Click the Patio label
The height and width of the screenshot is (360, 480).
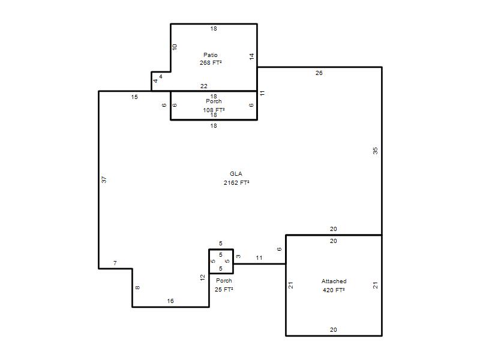211,55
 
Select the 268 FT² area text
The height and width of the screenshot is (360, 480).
211,63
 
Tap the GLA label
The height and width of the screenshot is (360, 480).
236,174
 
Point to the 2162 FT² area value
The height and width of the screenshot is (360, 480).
236,183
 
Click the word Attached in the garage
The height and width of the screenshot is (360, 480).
334,281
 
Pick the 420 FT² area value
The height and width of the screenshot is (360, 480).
334,290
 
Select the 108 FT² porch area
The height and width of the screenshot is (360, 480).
214,110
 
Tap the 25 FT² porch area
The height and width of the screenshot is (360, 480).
224,290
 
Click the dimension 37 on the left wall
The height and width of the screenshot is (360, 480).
104,179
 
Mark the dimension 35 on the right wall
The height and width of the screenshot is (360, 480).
376,151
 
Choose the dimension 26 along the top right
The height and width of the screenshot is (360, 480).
319,73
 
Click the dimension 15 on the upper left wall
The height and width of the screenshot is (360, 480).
134,97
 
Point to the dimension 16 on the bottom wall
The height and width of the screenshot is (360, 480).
170,301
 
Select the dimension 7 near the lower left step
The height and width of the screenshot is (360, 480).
115,263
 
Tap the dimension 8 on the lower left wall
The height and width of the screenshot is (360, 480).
138,287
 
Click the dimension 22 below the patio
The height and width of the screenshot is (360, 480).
204,86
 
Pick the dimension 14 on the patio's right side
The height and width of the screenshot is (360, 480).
251,56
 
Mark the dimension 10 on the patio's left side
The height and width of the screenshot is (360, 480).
175,47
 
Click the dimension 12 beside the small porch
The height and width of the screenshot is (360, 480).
202,278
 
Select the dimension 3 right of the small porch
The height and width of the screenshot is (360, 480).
238,256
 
